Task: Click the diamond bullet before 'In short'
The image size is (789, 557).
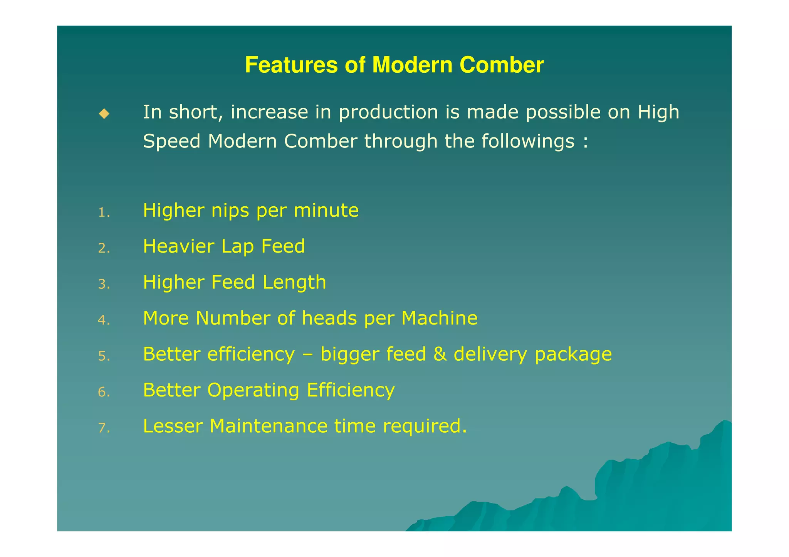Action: (104, 114)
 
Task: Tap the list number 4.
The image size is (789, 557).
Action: (104, 320)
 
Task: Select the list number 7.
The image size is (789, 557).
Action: (104, 428)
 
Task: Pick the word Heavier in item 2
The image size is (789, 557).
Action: (178, 246)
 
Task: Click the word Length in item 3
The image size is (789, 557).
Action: (294, 283)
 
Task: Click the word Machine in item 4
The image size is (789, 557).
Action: (439, 318)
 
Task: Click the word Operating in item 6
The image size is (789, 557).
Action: (253, 391)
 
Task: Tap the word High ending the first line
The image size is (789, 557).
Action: (658, 112)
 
